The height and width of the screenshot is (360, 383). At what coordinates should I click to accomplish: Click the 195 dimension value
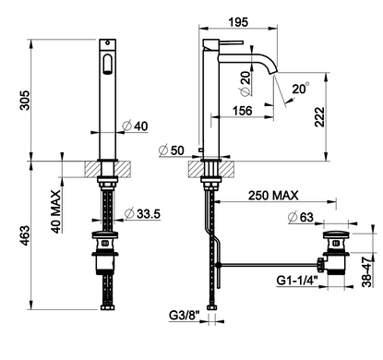(x=238, y=22)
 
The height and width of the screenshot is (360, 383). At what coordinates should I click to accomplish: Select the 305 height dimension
(x=25, y=100)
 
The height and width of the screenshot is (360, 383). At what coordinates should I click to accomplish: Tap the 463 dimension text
(x=25, y=235)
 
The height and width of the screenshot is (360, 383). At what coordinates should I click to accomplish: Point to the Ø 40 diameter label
(x=135, y=126)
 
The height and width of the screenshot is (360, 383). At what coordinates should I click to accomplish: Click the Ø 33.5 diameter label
(x=142, y=213)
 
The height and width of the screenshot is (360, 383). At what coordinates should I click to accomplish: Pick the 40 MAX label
(x=55, y=211)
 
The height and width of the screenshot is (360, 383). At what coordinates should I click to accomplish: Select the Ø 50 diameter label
(x=171, y=150)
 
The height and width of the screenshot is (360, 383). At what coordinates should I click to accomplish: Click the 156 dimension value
(x=242, y=111)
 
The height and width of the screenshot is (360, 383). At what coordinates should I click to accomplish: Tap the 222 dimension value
(x=319, y=117)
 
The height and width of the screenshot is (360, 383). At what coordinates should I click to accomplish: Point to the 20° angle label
(x=300, y=89)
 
